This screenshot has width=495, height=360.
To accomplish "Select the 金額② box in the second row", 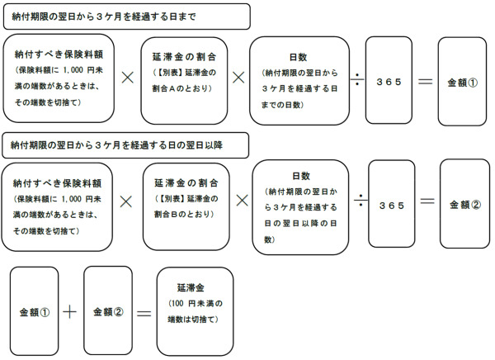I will [464, 203].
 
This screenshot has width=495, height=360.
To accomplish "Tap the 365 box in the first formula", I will [390, 83].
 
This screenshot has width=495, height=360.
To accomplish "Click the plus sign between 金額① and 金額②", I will [71, 312].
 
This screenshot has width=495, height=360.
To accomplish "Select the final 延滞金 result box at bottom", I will [196, 311].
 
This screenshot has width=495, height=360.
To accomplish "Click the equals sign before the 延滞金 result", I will [143, 313].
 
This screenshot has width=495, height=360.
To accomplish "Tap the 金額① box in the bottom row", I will [35, 313].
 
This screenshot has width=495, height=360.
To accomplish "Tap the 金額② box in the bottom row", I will [107, 312].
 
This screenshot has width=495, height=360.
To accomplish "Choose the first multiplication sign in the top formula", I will [128, 78].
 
